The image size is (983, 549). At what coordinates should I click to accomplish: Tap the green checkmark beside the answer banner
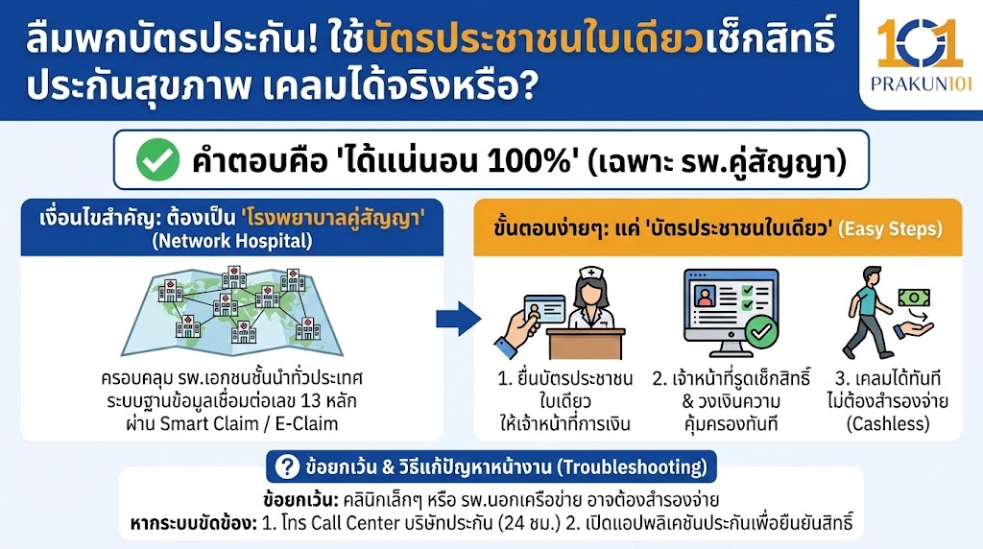[x=153, y=161]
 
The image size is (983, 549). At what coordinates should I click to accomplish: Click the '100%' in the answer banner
[x=517, y=161]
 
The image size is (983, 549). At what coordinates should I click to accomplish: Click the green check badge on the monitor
[x=759, y=332]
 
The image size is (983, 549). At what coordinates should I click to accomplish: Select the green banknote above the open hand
[x=916, y=298]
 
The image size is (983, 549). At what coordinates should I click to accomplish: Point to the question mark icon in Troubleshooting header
[x=286, y=467]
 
